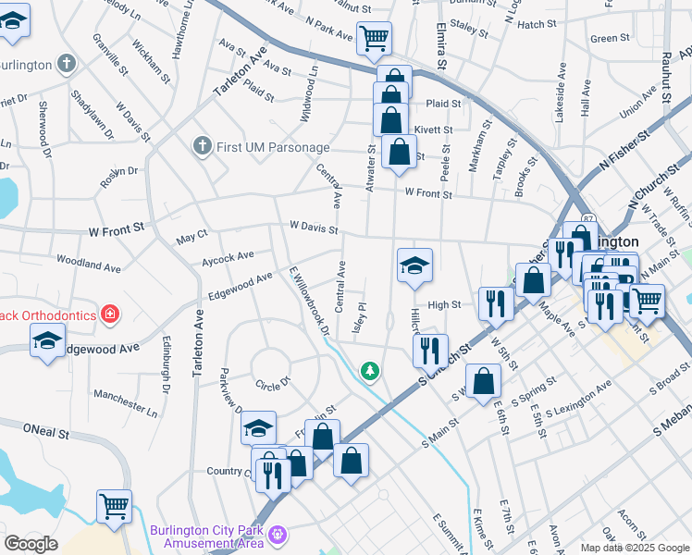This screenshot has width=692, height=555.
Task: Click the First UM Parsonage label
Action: pyautogui.click(x=273, y=147)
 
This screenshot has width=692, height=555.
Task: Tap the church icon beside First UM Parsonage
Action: pyautogui.click(x=203, y=146)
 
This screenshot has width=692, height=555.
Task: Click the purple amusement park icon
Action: pyautogui.click(x=277, y=535)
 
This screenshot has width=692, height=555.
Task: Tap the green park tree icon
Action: pyautogui.click(x=370, y=371)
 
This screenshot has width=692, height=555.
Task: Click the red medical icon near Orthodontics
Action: pyautogui.click(x=110, y=315)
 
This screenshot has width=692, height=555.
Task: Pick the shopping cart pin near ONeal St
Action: pyautogui.click(x=114, y=506)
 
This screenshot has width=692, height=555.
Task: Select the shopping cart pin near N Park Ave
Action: pyautogui.click(x=375, y=39)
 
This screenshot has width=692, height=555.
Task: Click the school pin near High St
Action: pyautogui.click(x=414, y=265)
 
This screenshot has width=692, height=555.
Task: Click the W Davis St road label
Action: pyautogui.click(x=314, y=226)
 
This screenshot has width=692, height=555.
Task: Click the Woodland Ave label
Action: pyautogui.click(x=88, y=265)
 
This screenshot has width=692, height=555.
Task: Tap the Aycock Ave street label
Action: pyautogui.click(x=228, y=256)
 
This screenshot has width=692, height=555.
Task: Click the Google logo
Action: pyautogui.click(x=31, y=544)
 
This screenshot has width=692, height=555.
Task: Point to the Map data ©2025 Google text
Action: pyautogui.click(x=634, y=548)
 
